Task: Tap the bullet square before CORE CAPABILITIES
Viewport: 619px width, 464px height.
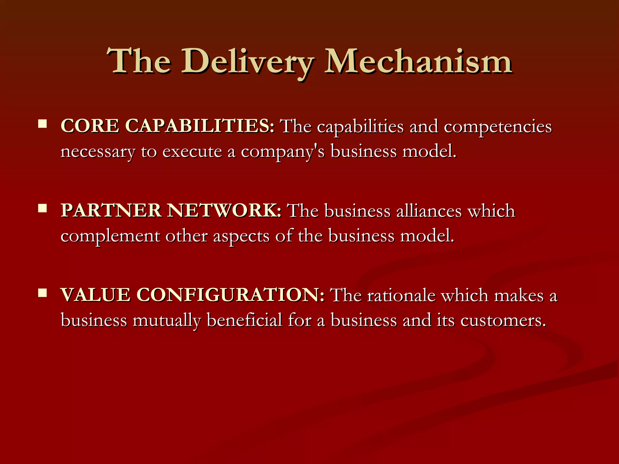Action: point(42,124)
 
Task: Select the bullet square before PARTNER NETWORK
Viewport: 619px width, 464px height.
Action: point(42,208)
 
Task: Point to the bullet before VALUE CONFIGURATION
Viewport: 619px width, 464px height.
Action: point(42,293)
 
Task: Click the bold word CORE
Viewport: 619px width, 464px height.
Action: point(90,126)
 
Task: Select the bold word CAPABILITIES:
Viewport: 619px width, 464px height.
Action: point(199,126)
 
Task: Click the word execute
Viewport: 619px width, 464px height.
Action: point(192,151)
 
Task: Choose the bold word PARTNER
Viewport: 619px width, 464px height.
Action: point(111,211)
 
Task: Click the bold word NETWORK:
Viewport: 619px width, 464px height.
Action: point(224,211)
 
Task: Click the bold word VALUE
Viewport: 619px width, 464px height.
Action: point(96,295)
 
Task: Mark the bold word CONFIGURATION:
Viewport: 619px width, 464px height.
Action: point(230,295)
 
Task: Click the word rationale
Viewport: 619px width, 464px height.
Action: point(401,295)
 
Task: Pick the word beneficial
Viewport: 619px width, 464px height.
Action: point(244,320)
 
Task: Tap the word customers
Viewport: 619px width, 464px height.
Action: point(503,321)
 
